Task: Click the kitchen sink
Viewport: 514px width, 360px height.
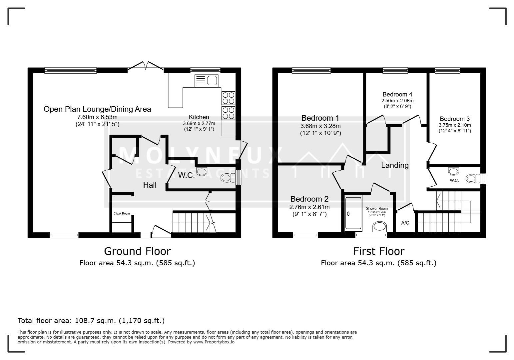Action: click(206, 81)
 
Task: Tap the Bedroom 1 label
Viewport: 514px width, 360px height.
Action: click(320, 118)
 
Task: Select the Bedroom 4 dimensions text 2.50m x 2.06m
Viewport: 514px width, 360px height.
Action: click(397, 101)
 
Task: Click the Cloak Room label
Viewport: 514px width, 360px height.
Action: click(122, 214)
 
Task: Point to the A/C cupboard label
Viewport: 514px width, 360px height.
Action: click(405, 223)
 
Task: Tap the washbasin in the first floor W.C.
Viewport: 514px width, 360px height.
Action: click(454, 171)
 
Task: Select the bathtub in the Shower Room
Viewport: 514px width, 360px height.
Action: click(353, 213)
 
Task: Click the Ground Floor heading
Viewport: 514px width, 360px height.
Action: click(138, 251)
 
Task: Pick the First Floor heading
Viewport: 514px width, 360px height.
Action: click(379, 251)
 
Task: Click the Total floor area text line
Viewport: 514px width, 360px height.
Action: click(91, 321)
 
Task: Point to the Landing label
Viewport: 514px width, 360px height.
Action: click(395, 165)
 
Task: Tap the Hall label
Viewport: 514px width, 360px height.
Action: click(150, 185)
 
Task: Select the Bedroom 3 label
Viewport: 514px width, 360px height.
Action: click(455, 119)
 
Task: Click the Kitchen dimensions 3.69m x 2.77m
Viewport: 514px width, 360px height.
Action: click(199, 123)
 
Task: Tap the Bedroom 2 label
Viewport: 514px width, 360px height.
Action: click(309, 199)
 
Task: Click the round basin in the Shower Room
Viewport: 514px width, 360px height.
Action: click(379, 226)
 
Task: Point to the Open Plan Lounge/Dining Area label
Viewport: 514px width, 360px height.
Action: click(97, 109)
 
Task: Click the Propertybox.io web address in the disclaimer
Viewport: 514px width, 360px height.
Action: click(214, 342)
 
